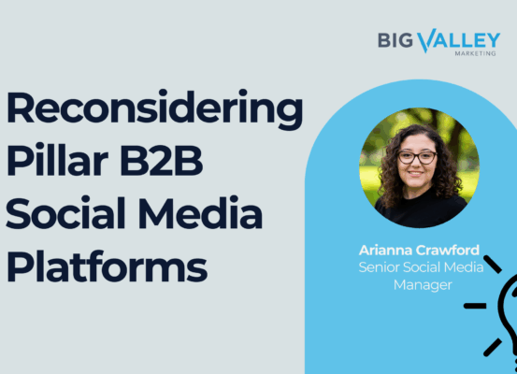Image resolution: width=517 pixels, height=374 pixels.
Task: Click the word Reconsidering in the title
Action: [154, 109]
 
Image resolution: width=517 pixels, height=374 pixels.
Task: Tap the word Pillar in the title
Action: [57, 160]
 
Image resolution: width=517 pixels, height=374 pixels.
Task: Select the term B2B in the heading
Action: [161, 160]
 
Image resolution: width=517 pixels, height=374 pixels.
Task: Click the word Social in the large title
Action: [65, 212]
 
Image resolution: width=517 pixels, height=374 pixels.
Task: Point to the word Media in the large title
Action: [200, 212]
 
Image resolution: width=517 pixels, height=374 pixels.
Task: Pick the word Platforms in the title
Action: [107, 266]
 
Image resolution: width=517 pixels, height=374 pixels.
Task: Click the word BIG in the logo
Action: [395, 40]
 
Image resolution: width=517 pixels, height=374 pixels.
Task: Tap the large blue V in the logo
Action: [427, 40]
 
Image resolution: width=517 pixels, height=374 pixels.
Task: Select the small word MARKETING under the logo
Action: [475, 53]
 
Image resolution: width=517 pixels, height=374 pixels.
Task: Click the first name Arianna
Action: [385, 250]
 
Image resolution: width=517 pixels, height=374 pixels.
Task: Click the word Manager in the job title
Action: [423, 284]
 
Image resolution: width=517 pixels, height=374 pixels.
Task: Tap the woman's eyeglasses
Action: [417, 157]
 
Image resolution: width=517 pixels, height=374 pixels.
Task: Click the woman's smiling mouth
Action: [415, 173]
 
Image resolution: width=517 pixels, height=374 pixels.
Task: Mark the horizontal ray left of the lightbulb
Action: [475, 306]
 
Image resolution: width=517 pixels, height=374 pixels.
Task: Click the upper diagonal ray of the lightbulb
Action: [493, 264]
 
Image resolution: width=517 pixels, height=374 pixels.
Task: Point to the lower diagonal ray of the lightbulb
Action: [493, 347]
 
